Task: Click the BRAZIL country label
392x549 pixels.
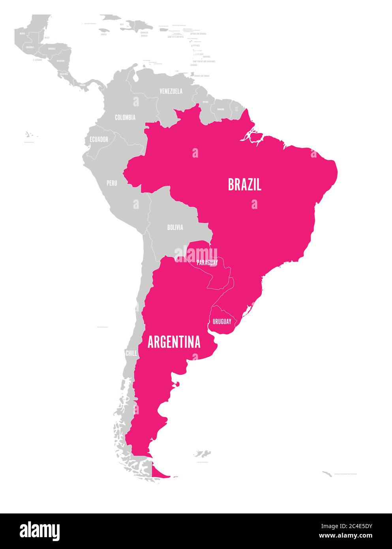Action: click(244, 184)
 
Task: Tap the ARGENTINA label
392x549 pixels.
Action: click(174, 342)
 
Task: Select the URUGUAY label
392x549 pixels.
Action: click(222, 322)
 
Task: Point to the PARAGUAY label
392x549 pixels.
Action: click(207, 262)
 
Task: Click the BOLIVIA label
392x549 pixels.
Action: click(175, 227)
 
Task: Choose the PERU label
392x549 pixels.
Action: click(112, 183)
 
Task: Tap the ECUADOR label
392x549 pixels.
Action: click(99, 139)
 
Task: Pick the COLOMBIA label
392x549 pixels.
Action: click(125, 117)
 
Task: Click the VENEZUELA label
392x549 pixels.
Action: click(171, 91)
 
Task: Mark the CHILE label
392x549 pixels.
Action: click(131, 353)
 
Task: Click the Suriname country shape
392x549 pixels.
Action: click(220, 112)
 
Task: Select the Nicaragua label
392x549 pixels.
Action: click(60, 61)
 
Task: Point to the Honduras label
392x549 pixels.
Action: click(51, 49)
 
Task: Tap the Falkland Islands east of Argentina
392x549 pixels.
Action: click(203, 453)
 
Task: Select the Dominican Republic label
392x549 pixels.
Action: click(144, 34)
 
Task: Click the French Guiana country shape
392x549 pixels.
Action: click(236, 109)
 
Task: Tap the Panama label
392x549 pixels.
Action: click(83, 85)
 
